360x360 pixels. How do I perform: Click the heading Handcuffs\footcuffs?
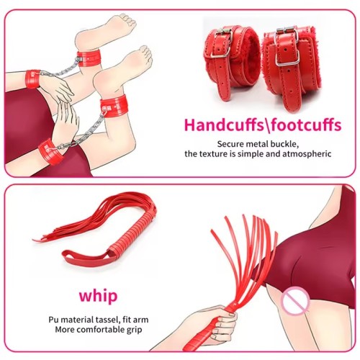(263, 125)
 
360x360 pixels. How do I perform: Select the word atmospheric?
(307, 154)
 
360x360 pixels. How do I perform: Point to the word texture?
(214, 154)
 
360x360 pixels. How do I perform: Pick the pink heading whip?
(98, 296)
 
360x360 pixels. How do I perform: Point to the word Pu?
(53, 320)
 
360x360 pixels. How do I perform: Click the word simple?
(251, 154)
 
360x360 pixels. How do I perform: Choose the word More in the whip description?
(65, 330)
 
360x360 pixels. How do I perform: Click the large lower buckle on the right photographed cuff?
(287, 58)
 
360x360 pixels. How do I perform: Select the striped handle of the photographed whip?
(134, 231)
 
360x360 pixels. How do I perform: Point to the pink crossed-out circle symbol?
(296, 301)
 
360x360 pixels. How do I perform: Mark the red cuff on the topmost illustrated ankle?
(89, 58)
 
